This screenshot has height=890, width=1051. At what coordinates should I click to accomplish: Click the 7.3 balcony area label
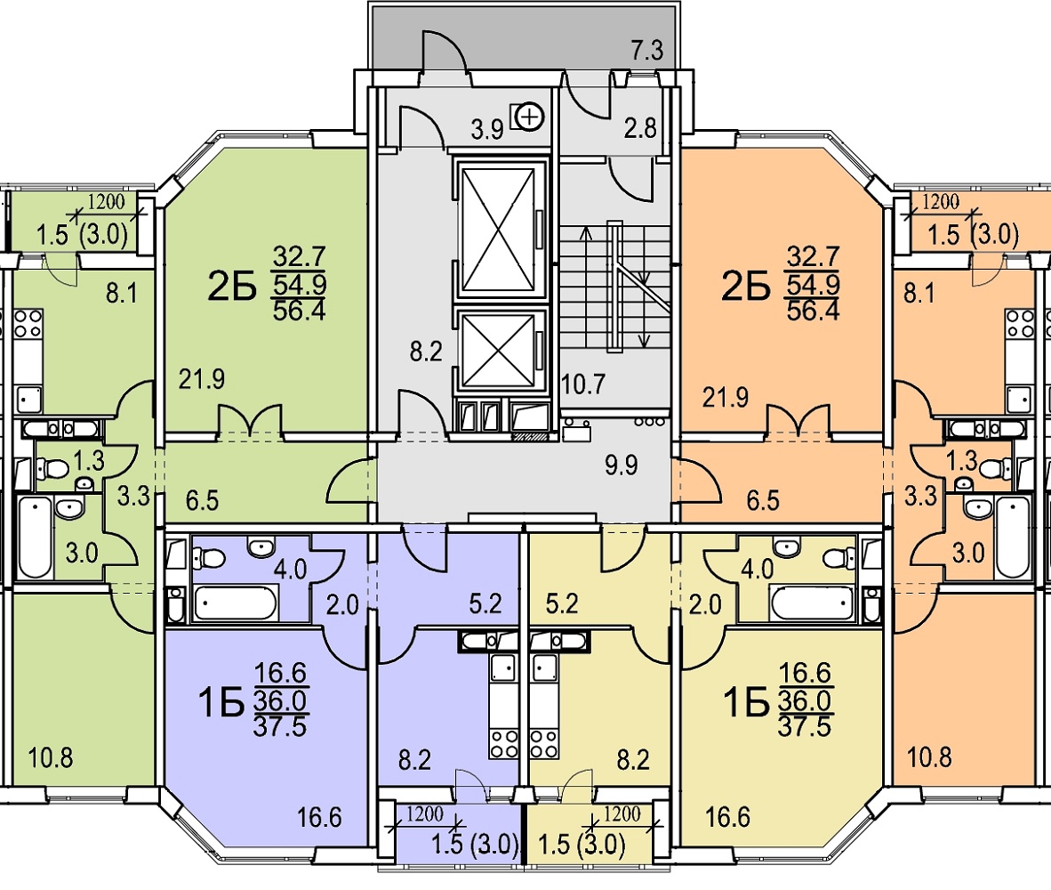[646, 51]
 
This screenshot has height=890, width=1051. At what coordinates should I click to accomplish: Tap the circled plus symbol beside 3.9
[531, 115]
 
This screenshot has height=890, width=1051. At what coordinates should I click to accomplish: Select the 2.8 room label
[639, 126]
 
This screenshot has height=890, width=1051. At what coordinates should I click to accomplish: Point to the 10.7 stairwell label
[583, 385]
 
